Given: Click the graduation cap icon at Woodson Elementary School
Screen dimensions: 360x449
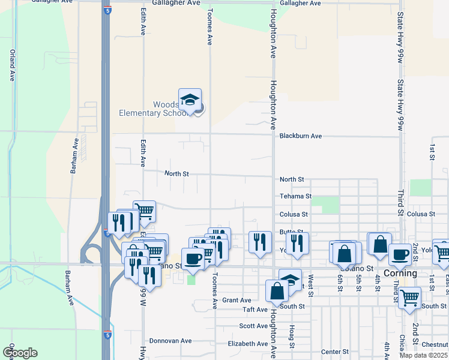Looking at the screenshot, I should [190, 100].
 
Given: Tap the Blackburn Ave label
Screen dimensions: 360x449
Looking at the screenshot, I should [300, 136].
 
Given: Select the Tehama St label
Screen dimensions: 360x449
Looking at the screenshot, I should [295, 196].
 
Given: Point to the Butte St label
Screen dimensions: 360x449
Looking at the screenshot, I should [291, 232].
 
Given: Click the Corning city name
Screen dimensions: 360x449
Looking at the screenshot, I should [400, 273].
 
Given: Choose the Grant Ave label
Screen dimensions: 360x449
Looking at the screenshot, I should [237, 300].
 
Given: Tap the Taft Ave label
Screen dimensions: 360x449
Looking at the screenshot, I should [255, 310].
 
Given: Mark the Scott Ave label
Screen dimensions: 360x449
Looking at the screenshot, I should [253, 326].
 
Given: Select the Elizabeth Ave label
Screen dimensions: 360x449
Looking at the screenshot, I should [247, 344].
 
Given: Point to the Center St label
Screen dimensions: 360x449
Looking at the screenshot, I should [335, 352].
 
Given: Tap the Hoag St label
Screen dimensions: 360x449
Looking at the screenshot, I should [291, 337].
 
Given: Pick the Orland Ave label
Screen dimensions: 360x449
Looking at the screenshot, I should [11, 65].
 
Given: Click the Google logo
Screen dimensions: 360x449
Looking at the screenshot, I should [19, 352].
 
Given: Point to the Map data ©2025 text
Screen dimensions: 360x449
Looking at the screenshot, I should [422, 355].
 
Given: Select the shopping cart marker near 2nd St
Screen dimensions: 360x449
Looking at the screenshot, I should [409, 296].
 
